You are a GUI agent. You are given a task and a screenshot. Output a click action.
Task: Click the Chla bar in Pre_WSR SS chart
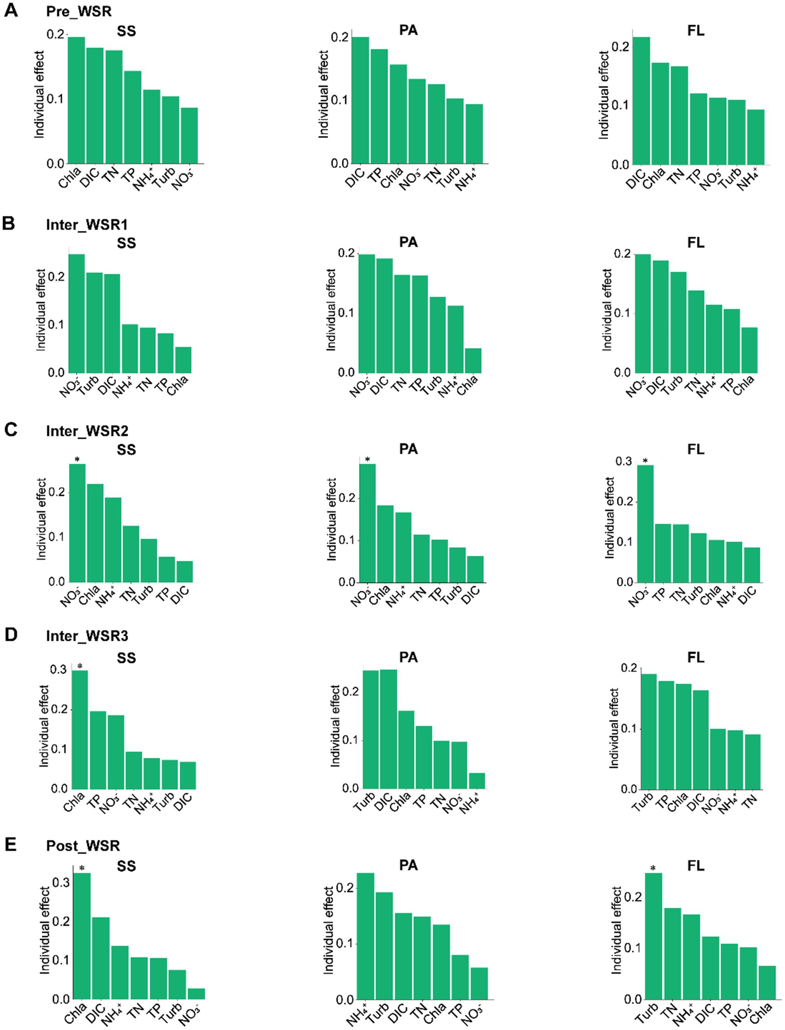point(76,100)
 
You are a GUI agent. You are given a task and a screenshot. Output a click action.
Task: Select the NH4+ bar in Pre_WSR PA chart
point(474,134)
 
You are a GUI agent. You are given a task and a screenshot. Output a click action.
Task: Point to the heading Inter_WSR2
point(87,431)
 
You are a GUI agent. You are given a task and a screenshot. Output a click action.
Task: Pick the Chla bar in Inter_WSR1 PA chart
point(473,360)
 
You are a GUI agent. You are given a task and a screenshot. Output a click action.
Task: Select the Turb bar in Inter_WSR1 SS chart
point(94,322)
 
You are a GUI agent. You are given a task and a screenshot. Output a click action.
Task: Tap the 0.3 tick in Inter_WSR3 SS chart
point(58,670)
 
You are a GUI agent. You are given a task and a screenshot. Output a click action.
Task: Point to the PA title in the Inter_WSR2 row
point(408,449)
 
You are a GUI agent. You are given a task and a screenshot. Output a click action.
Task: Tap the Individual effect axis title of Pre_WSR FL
point(604,95)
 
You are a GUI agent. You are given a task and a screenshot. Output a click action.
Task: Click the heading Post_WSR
point(82,845)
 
